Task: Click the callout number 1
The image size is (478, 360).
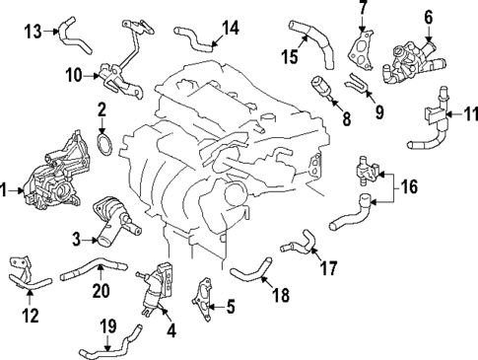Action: pyautogui.click(x=6, y=186)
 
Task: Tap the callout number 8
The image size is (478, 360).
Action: pyautogui.click(x=346, y=122)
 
